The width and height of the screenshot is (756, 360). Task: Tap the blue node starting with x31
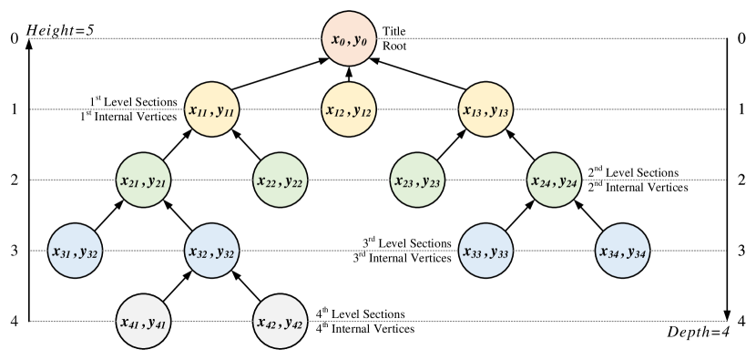75,251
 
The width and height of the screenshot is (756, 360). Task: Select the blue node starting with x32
211,251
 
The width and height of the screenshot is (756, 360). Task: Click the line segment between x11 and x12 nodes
280,109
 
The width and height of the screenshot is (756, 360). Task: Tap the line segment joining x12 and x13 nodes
417,109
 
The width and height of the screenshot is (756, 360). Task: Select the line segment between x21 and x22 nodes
211,180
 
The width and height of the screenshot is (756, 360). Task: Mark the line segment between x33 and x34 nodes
554,251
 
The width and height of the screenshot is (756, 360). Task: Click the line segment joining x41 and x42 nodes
211,321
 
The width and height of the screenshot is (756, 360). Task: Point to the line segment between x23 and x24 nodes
485,180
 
